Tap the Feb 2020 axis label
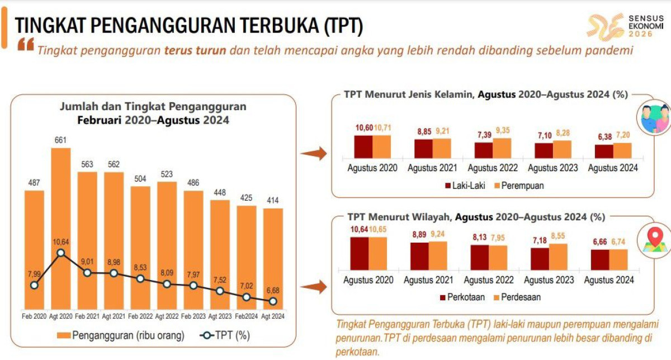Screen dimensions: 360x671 (x=34, y=316)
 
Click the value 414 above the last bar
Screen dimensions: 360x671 (x=273, y=201)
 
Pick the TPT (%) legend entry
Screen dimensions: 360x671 (x=224, y=335)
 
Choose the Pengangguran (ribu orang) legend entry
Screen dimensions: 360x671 (x=120, y=335)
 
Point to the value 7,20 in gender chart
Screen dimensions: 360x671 (x=622, y=136)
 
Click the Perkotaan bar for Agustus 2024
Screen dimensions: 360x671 (x=600, y=259)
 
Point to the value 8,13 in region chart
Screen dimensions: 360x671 (x=479, y=237)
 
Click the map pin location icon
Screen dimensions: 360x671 (x=655, y=238)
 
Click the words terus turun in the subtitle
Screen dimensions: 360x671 (x=195, y=50)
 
